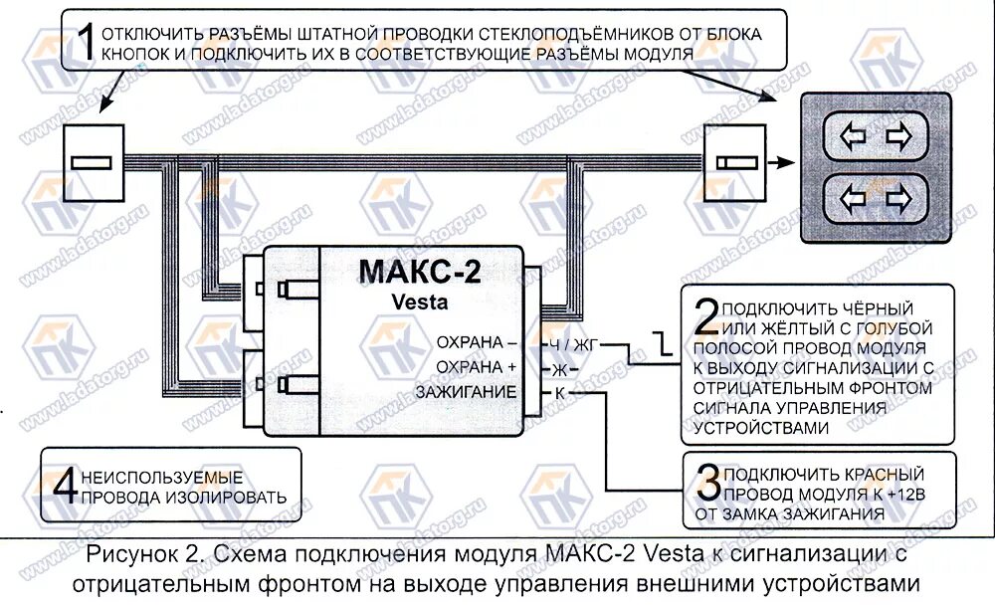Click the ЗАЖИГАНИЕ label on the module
(x=467, y=392)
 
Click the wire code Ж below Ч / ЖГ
(x=559, y=368)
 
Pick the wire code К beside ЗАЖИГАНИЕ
(x=559, y=392)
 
